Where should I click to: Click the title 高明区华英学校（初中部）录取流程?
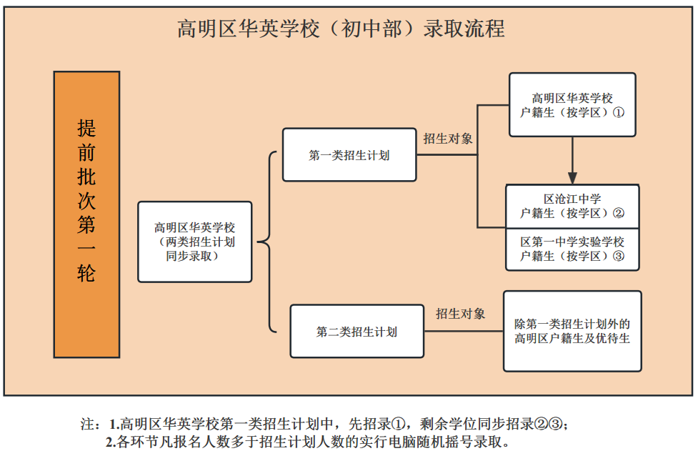[x=341, y=29]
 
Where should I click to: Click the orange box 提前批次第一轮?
[x=87, y=214]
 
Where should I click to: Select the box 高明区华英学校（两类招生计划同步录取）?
[x=195, y=242]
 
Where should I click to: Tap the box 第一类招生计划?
[x=349, y=155]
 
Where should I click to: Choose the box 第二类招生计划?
[x=357, y=331]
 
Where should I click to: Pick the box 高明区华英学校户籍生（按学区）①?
[x=572, y=104]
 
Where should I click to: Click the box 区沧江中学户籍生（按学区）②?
[x=572, y=206]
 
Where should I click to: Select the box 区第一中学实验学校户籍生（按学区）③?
[x=572, y=249]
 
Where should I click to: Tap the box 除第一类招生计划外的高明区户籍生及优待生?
[x=572, y=331]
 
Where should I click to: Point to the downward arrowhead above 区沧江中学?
[x=572, y=178]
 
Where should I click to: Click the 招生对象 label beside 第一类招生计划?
[x=448, y=139]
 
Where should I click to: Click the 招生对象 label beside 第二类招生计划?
[x=460, y=314]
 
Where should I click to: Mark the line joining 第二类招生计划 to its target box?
[x=464, y=331]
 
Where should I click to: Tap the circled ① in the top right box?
[x=618, y=112]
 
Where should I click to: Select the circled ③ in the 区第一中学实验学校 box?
[x=618, y=256]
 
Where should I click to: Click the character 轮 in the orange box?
[x=86, y=273]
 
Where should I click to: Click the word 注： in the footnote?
[x=91, y=424]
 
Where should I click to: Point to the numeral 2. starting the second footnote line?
[x=111, y=442]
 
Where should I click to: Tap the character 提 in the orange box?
[x=86, y=128]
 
